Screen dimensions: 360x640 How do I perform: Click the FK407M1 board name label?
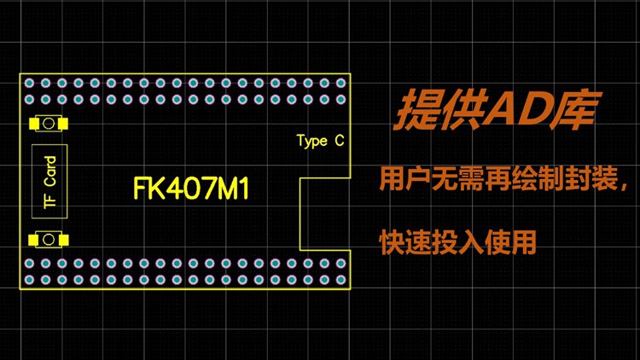click(191, 189)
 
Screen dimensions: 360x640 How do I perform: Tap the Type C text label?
click(320, 141)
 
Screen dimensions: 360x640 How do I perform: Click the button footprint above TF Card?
click(49, 124)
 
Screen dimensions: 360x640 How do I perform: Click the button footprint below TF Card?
click(49, 238)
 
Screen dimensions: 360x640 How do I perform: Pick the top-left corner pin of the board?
click(29, 84)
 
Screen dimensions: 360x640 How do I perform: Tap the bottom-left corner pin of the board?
click(29, 280)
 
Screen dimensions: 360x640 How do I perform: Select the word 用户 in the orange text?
click(405, 181)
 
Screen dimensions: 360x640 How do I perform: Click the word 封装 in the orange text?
click(584, 181)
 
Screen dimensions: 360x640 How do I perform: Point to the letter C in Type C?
click(339, 141)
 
